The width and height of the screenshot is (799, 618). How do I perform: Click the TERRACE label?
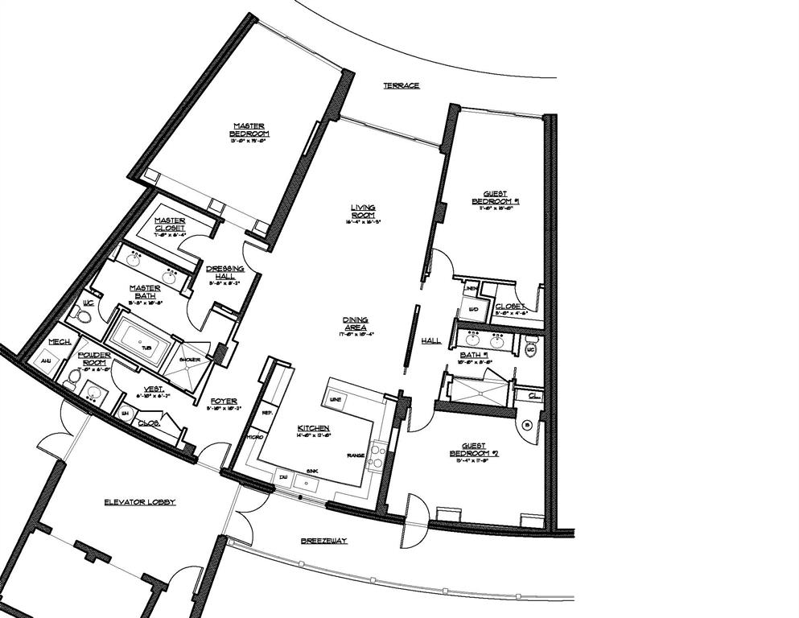tap(401, 85)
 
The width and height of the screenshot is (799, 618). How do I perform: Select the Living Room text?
tap(363, 211)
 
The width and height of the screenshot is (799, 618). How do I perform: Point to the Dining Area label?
tap(354, 323)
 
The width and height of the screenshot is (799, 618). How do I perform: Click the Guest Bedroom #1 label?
tap(495, 198)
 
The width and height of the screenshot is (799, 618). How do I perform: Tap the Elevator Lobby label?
tap(139, 502)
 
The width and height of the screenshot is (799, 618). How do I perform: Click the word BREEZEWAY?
tap(323, 541)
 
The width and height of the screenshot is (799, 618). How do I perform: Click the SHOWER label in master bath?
tap(190, 359)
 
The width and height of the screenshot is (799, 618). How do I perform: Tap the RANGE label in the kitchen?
tap(354, 455)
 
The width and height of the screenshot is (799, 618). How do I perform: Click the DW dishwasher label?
tap(282, 476)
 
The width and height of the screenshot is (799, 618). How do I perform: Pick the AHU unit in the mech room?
tap(45, 361)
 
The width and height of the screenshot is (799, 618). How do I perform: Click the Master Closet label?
tap(170, 224)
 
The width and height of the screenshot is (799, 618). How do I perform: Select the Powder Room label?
tap(93, 359)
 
